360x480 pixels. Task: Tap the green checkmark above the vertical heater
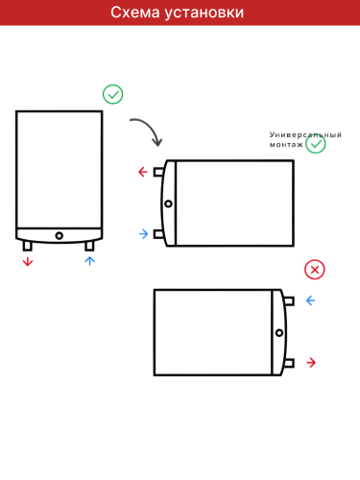tap(113, 94)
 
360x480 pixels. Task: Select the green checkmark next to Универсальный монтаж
tap(316, 144)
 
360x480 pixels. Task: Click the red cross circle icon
tap(315, 270)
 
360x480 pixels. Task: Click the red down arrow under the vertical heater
tap(27, 261)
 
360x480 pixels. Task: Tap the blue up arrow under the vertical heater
tap(90, 260)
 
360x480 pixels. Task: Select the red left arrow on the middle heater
tap(143, 173)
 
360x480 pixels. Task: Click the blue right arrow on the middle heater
tap(143, 233)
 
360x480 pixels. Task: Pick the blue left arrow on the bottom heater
tap(310, 300)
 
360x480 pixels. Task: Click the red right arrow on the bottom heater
tap(310, 362)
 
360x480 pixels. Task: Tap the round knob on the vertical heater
tap(59, 235)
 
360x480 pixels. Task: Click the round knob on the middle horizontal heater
tap(169, 204)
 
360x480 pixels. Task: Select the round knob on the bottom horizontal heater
tap(278, 332)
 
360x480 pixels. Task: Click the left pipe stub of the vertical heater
tap(27, 246)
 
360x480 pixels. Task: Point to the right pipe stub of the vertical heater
tap(90, 246)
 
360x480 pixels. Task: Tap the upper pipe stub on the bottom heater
tap(289, 300)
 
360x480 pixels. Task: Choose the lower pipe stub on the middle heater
tap(159, 233)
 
